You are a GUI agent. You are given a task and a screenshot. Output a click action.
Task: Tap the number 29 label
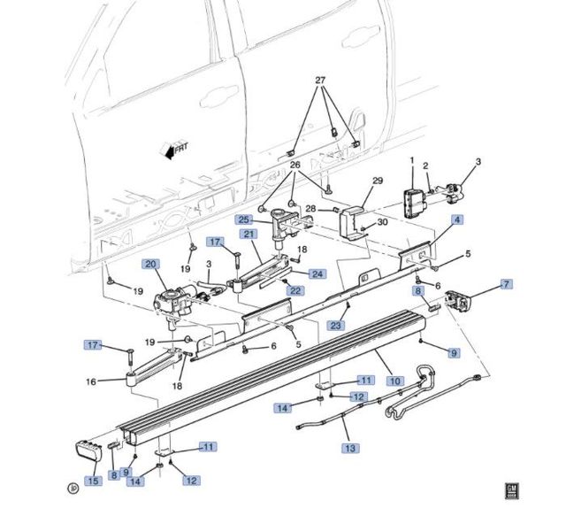377,181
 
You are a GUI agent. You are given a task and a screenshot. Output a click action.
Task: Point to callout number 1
411,160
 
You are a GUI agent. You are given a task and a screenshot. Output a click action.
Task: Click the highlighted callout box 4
457,219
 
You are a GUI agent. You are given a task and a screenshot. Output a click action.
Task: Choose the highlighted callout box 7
506,284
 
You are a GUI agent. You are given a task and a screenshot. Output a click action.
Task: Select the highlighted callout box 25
241,219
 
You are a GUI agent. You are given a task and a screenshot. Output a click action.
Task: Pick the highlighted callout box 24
317,273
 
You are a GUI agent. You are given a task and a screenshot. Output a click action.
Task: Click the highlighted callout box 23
336,325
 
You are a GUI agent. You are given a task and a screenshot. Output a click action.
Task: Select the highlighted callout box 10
395,380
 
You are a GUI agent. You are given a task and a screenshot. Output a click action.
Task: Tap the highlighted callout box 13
352,448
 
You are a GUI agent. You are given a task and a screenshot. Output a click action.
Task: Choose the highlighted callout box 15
92,481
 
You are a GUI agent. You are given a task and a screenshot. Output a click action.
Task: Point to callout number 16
90,382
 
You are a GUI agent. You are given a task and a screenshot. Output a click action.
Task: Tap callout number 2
425,165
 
